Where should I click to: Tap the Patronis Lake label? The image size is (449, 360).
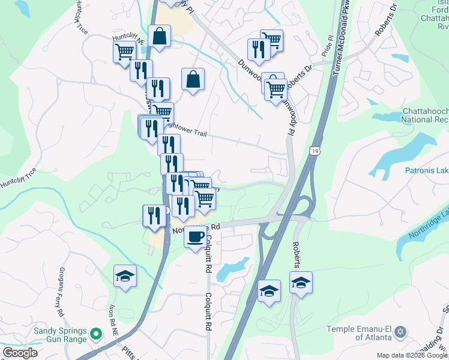coord(419,170)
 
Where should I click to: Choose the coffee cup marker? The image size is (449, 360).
coord(194,236)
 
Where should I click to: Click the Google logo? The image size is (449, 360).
coord(20,353)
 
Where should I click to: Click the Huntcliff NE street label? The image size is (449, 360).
coord(129,40)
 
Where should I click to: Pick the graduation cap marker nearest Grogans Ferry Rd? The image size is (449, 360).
coord(125,276)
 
